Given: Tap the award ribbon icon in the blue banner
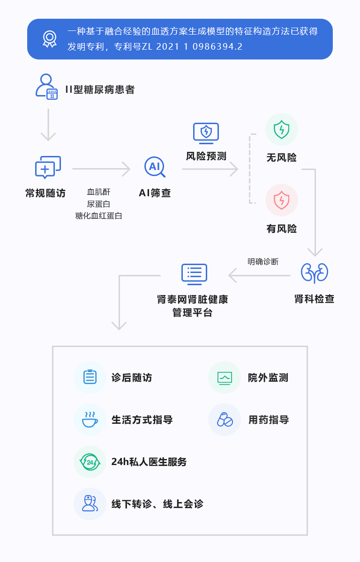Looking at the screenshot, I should point(50,39).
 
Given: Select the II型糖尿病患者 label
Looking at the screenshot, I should point(100,89).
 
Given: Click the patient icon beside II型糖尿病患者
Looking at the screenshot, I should point(47,87).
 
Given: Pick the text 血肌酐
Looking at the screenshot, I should point(98,192).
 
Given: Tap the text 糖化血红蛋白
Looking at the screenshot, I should point(98,216).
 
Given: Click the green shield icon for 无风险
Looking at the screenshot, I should point(281,130).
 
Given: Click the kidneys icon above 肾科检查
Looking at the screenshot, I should point(314,273).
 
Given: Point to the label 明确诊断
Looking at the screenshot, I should point(263,262).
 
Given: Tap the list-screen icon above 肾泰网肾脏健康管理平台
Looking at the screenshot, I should point(194,274).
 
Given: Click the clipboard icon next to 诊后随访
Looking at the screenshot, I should point(90,377).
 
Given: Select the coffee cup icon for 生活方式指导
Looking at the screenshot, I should point(90,420).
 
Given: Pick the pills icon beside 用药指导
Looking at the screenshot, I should point(225,420).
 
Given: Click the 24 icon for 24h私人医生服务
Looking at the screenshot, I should point(90,462).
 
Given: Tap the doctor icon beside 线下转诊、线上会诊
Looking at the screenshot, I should point(89,503).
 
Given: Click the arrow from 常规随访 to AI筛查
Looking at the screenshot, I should point(101,169).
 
